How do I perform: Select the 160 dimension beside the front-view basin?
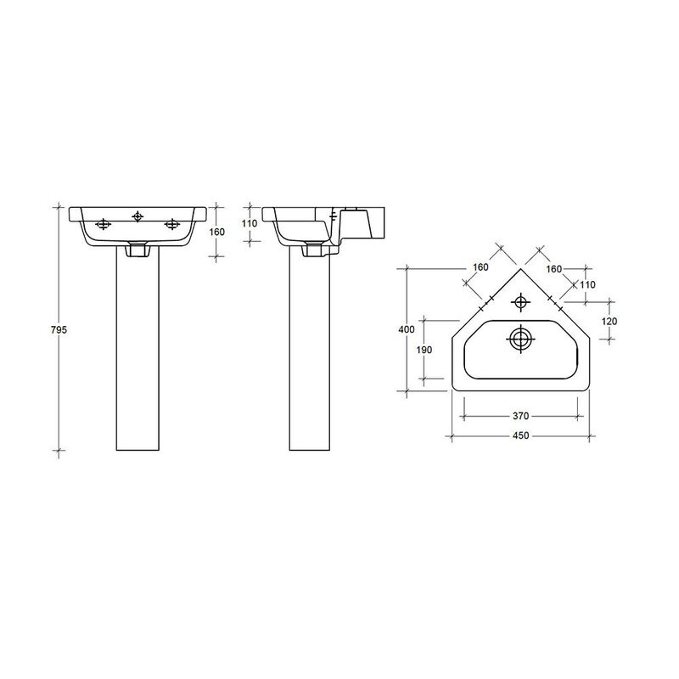click(216, 231)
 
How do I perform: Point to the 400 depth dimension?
click(407, 328)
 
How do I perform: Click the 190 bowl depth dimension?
click(424, 350)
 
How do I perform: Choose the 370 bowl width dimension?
click(520, 416)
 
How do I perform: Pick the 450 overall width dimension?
click(520, 435)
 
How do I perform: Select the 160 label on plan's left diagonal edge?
click(480, 267)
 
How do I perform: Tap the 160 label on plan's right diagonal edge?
click(555, 268)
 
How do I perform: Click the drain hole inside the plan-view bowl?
click(519, 339)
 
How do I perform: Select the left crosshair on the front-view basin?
click(104, 224)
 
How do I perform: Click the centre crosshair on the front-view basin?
click(137, 216)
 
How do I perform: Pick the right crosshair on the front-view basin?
click(172, 224)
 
